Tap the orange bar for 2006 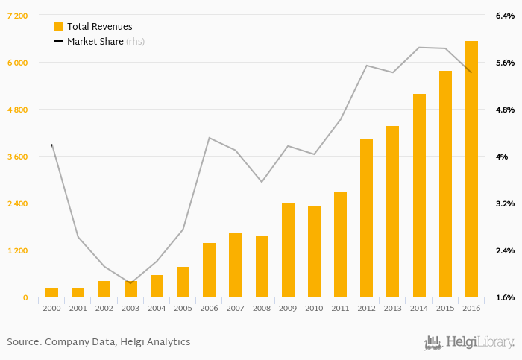(x=209, y=270)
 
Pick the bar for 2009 (x=288, y=250)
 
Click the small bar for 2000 (x=51, y=292)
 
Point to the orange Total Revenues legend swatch (x=58, y=27)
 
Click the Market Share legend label (x=95, y=41)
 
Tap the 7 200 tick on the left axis (x=18, y=16)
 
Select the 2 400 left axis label (x=18, y=203)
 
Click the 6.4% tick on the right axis (x=505, y=16)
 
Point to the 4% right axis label (x=501, y=157)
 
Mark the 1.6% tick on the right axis (x=505, y=297)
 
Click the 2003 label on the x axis (x=130, y=308)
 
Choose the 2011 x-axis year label (x=340, y=308)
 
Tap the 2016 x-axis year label (x=471, y=308)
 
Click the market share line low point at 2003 (x=130, y=283)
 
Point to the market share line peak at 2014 (x=419, y=48)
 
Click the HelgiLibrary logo (x=469, y=343)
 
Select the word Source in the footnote (x=22, y=342)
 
